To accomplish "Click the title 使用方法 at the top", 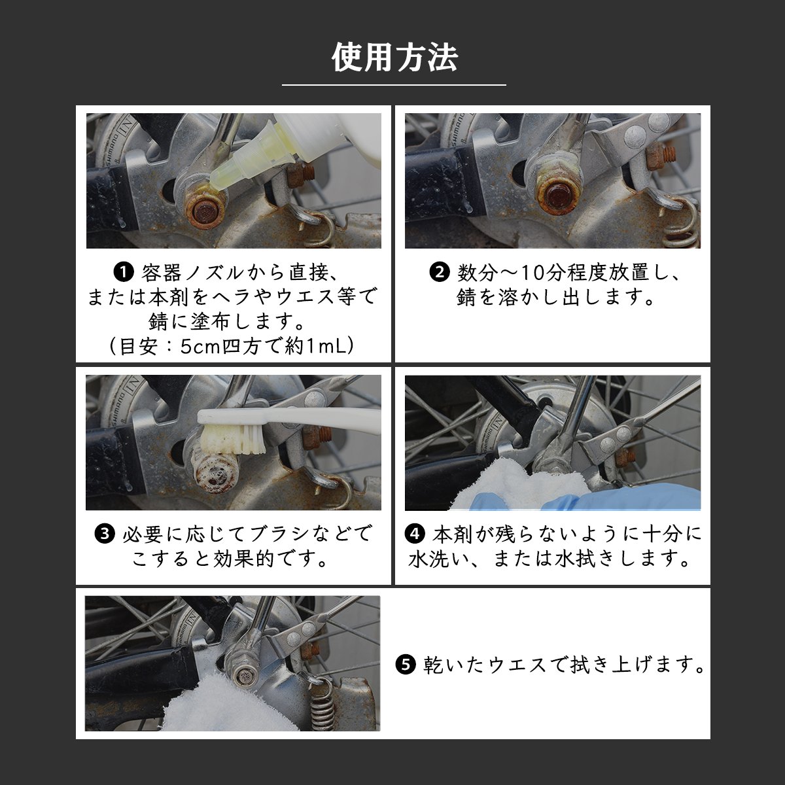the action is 394,58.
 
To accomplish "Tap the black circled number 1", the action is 124,273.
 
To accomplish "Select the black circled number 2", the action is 440,273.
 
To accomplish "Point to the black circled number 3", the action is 105,534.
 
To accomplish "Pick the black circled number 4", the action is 415,534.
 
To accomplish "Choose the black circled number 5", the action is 406,665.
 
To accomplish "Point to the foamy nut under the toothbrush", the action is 215,474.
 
